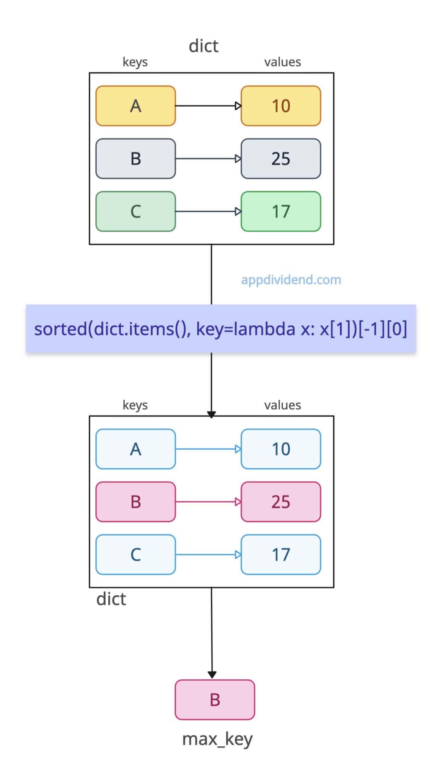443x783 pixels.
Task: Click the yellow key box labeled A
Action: point(135,106)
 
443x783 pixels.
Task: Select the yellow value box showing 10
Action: point(281,106)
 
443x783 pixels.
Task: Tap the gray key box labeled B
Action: point(135,159)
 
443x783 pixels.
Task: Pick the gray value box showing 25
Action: point(281,159)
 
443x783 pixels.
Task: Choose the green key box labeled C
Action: point(135,211)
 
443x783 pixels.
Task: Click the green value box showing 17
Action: point(281,211)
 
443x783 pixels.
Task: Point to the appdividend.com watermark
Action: point(291,280)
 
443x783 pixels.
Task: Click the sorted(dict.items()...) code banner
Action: point(221,329)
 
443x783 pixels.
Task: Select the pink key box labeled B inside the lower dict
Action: point(135,502)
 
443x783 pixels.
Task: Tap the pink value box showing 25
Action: point(281,502)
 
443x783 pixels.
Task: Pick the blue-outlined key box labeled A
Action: point(135,449)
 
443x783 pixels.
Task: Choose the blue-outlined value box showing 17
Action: point(281,554)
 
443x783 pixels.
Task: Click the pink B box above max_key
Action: point(215,700)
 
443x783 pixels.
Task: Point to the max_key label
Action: point(217,739)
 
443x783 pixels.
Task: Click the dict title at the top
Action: point(204,46)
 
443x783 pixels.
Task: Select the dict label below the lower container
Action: point(111,599)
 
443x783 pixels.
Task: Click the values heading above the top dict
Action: point(282,62)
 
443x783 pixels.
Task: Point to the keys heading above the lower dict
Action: point(135,405)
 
